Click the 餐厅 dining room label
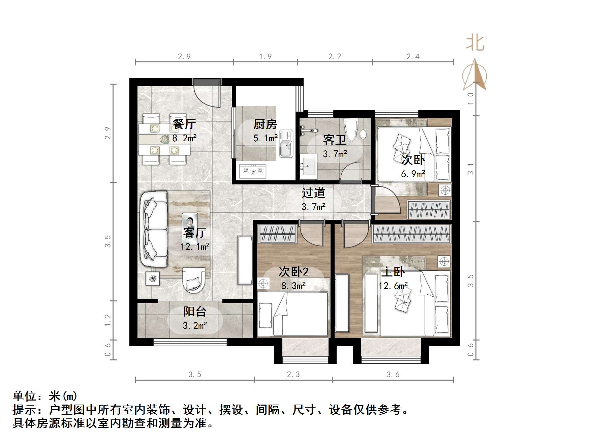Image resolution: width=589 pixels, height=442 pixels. pyautogui.click(x=184, y=124)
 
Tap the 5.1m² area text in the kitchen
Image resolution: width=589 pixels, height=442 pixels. pyautogui.click(x=265, y=138)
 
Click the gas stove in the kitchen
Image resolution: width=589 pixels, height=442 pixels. pyautogui.click(x=252, y=171)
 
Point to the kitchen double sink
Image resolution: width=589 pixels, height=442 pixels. pyautogui.click(x=286, y=144)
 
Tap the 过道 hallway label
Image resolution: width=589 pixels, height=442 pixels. pyautogui.click(x=313, y=193)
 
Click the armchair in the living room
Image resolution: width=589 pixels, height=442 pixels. pyautogui.click(x=193, y=280)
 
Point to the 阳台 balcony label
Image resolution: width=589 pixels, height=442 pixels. pyautogui.click(x=194, y=312)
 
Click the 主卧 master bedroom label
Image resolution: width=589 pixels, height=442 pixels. pyautogui.click(x=393, y=272)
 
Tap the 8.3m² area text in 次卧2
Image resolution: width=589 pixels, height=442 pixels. pyautogui.click(x=293, y=286)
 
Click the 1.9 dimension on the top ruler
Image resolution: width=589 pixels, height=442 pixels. pyautogui.click(x=265, y=57)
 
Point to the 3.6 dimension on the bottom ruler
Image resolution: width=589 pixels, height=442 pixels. pyautogui.click(x=393, y=375)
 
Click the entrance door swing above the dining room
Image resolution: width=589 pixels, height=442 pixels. pyautogui.click(x=206, y=94)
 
